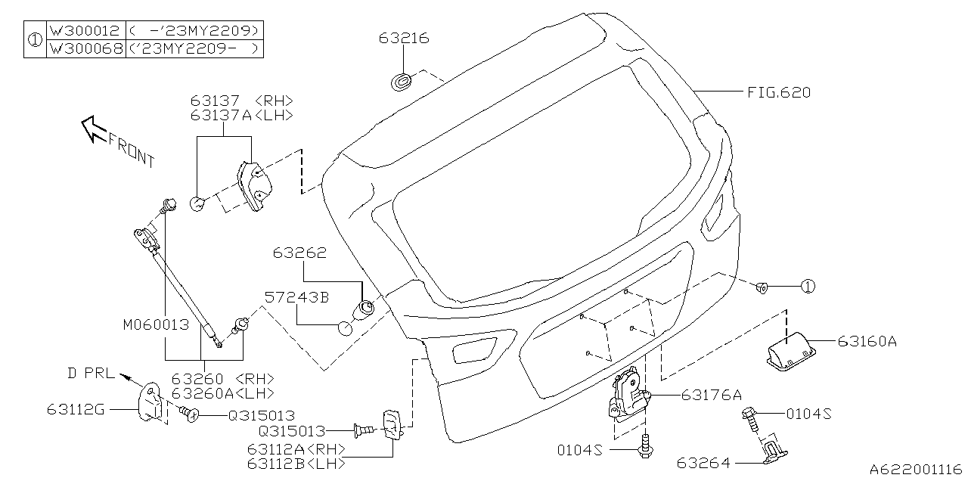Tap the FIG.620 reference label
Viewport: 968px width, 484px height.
coord(778,93)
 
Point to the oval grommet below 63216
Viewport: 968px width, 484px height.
coord(403,80)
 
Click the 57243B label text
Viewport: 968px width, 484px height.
coord(296,298)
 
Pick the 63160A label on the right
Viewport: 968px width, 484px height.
coord(867,342)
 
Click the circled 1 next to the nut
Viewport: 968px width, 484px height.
coord(808,287)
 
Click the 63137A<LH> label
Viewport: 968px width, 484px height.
coord(241,115)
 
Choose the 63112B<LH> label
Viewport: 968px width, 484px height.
coord(296,462)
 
